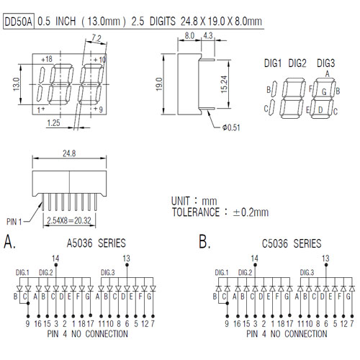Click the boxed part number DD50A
pos(19,22)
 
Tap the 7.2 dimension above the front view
pos(96,38)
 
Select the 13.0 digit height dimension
pos(16,84)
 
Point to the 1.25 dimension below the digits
pos(53,123)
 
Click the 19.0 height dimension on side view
pos(159,84)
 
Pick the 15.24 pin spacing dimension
pos(224,84)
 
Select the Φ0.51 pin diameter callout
pos(231,127)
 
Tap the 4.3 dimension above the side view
pos(208,35)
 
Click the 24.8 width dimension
pos(69,153)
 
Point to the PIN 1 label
pos(14,222)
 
